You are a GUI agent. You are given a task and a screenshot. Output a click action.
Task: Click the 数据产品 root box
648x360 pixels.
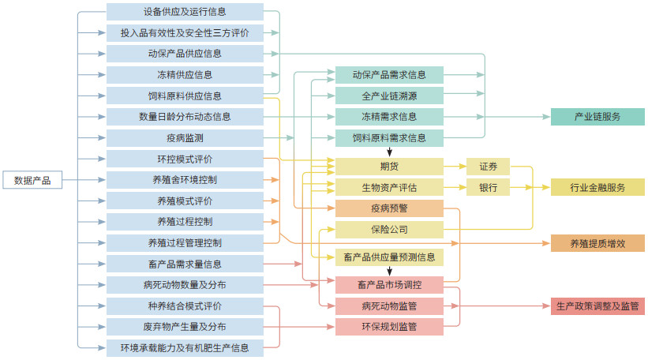pyautogui.click(x=32, y=180)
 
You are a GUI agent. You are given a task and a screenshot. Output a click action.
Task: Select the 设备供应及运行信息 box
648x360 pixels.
pyautogui.click(x=185, y=12)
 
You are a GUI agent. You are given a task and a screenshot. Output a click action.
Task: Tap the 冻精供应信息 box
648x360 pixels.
pyautogui.click(x=185, y=75)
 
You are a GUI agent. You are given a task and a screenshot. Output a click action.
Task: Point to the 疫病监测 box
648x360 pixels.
pyautogui.click(x=185, y=137)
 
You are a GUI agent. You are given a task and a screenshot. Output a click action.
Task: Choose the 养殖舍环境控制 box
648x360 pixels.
pyautogui.click(x=185, y=180)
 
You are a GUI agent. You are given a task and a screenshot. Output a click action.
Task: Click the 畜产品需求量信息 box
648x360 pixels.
pyautogui.click(x=185, y=264)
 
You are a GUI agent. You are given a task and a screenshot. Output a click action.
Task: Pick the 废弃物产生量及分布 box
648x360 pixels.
pyautogui.click(x=185, y=326)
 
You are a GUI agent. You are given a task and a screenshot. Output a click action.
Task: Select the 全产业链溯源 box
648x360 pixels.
pyautogui.click(x=389, y=96)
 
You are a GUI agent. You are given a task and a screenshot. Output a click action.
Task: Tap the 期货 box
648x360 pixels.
pyautogui.click(x=389, y=167)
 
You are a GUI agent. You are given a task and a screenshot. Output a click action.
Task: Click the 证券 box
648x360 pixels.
pyautogui.click(x=488, y=167)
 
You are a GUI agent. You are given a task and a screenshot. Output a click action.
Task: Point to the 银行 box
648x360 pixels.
pyautogui.click(x=488, y=188)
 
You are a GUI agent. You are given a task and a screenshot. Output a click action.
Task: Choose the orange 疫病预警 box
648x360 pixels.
pyautogui.click(x=389, y=208)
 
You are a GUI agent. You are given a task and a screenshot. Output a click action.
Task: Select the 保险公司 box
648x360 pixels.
pyautogui.click(x=389, y=230)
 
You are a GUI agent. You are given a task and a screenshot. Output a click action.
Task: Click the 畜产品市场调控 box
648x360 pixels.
pyautogui.click(x=389, y=285)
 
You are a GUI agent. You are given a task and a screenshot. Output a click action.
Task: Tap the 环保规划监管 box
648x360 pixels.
pyautogui.click(x=389, y=326)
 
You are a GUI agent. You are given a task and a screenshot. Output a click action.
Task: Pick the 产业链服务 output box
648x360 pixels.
pyautogui.click(x=597, y=117)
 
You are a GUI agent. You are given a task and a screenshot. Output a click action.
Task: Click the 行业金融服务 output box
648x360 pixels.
pyautogui.click(x=597, y=188)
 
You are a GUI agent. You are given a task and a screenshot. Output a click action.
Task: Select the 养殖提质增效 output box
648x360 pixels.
pyautogui.click(x=597, y=243)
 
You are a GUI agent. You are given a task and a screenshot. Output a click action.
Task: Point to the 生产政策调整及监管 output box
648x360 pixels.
pyautogui.click(x=597, y=306)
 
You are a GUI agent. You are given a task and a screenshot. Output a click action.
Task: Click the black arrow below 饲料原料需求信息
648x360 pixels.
pyautogui.click(x=389, y=152)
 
